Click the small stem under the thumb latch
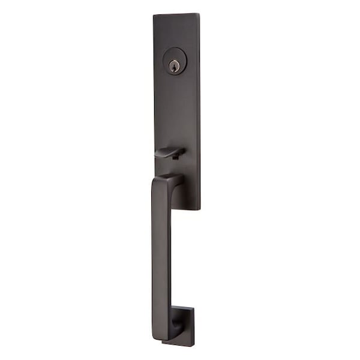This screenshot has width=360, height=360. (x=172, y=157)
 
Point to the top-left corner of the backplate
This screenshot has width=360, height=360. (x=154, y=15)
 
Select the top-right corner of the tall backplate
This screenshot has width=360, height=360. (x=199, y=13)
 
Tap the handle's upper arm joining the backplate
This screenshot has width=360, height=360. (x=176, y=179)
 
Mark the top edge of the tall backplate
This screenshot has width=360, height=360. (x=176, y=14)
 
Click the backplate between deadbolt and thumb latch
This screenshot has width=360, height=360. (x=176, y=108)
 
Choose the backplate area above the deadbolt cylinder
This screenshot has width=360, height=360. (x=176, y=30)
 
